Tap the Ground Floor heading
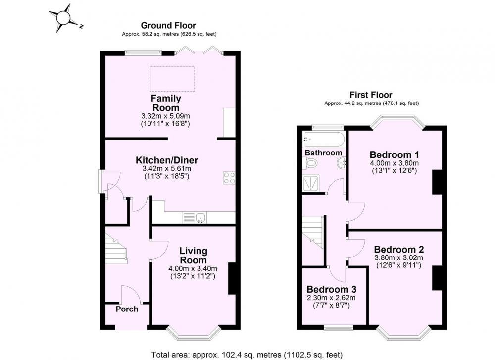click(168, 25)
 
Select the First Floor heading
click(371, 95)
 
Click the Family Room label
click(166, 103)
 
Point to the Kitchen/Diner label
click(167, 160)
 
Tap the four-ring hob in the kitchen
click(229, 178)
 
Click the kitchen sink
click(200, 217)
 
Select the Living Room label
click(193, 256)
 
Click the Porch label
click(127, 309)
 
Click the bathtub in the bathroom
click(323, 139)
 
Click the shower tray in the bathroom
click(311, 183)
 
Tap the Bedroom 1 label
click(395, 154)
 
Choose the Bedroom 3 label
click(332, 289)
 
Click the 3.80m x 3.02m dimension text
click(398, 257)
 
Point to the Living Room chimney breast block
click(232, 278)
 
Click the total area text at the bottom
click(247, 355)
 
